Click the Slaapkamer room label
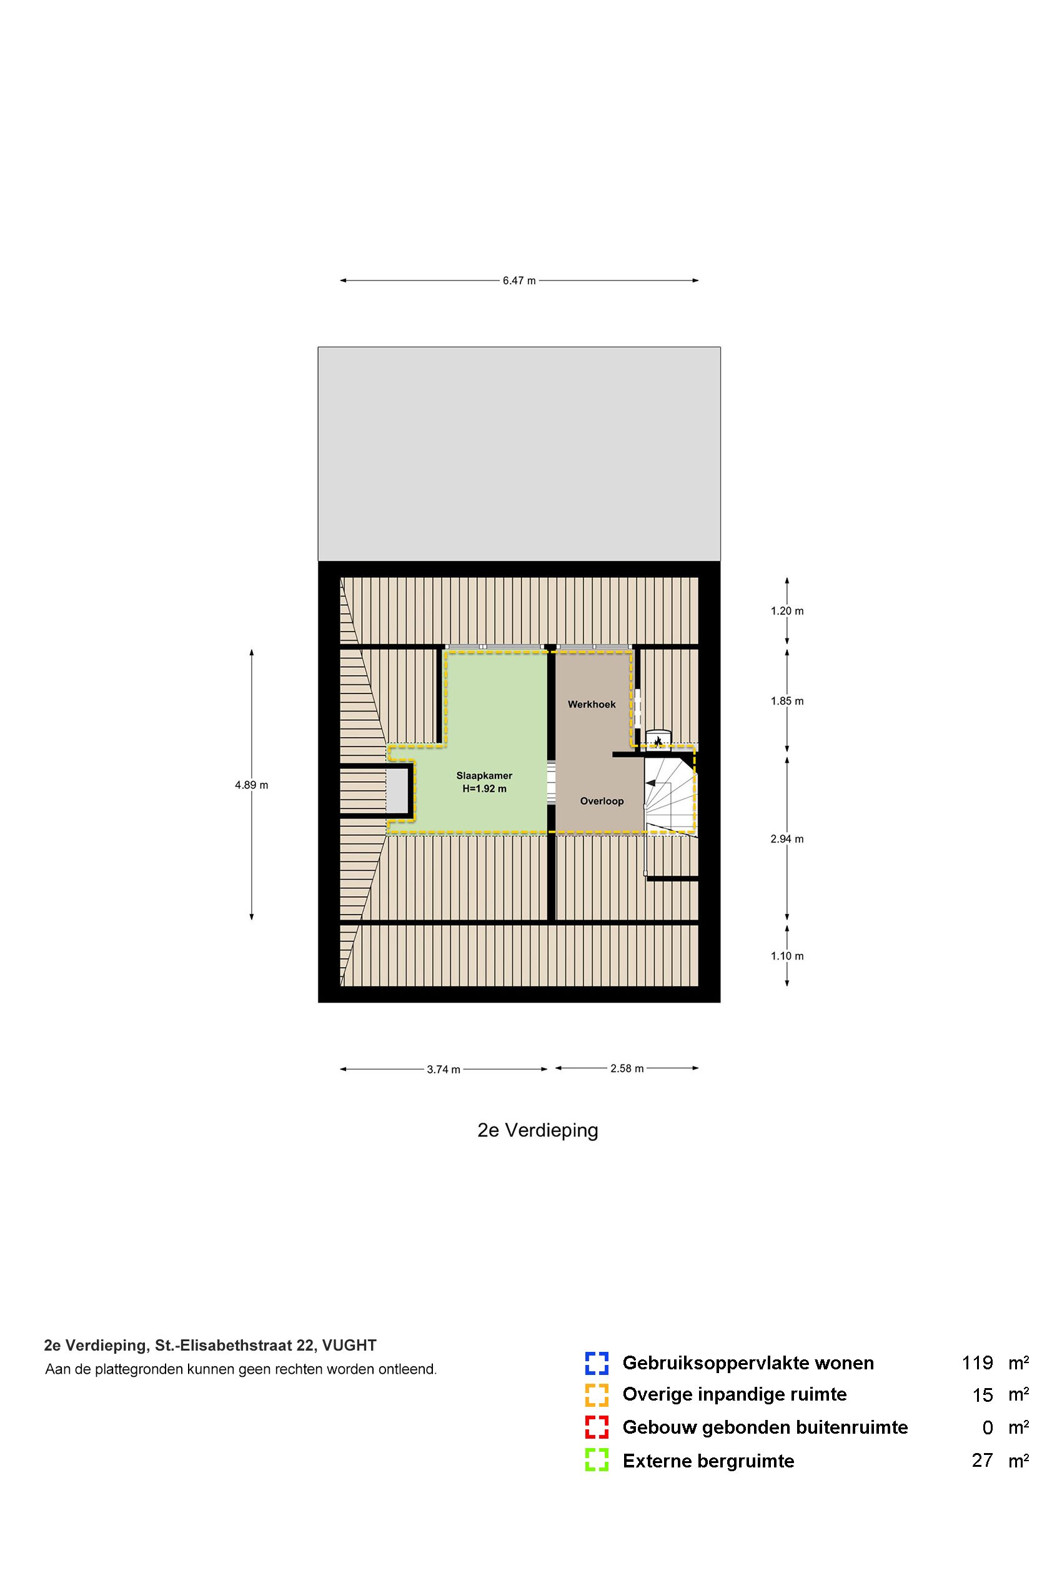[x=484, y=776]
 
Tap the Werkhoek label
[x=591, y=705]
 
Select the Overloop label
[x=602, y=801]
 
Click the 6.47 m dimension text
[x=519, y=281]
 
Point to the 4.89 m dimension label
[x=251, y=785]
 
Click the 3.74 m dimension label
[x=444, y=1069]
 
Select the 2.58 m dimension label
[x=627, y=1068]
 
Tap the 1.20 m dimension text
[x=787, y=611]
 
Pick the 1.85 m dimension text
[x=787, y=701]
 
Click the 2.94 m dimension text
[x=787, y=838]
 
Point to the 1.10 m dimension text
[x=787, y=956]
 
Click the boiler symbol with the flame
[x=658, y=740]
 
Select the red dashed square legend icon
[x=597, y=1427]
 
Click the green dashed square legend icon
[x=597, y=1459]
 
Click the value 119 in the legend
[x=976, y=1362]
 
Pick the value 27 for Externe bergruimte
[x=982, y=1461]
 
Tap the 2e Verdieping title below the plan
[x=538, y=1131]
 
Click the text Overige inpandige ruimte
[x=734, y=1394]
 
